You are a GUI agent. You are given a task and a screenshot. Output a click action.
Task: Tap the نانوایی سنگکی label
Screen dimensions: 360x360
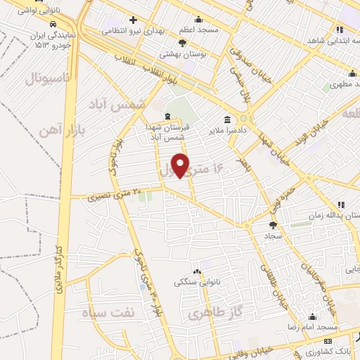tap(198, 281)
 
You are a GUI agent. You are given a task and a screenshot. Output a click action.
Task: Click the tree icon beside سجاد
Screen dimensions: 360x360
tap(273, 225)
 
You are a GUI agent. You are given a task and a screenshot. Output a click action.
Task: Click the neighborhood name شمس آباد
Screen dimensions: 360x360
tap(116, 103)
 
